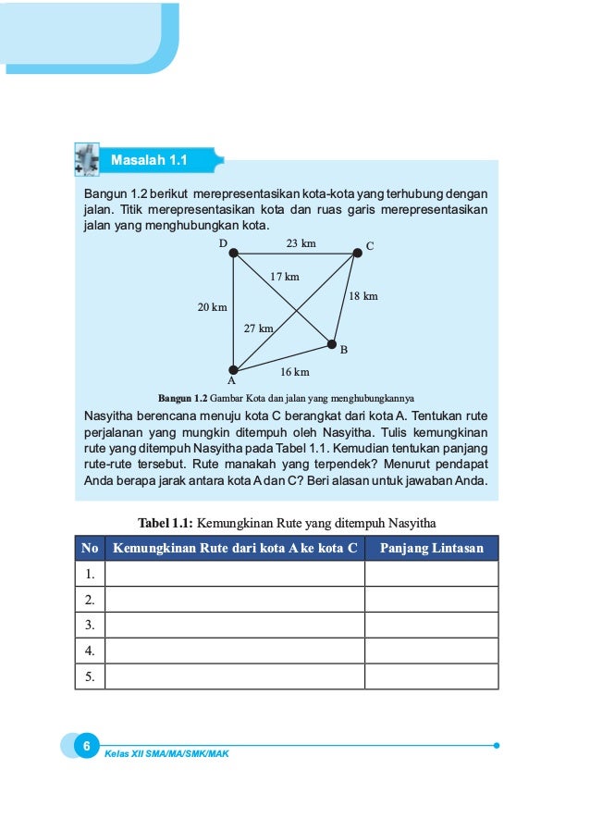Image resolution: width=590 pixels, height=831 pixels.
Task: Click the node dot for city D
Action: (x=234, y=253)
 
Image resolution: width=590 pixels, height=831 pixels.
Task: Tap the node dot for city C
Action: (x=357, y=252)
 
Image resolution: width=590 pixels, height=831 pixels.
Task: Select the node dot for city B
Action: (x=332, y=345)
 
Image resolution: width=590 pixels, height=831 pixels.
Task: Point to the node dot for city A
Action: (x=234, y=370)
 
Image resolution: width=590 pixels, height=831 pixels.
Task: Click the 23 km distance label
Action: (x=301, y=243)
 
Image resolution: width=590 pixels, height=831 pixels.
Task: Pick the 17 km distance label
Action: (x=285, y=277)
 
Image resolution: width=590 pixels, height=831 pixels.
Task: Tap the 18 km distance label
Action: (x=363, y=296)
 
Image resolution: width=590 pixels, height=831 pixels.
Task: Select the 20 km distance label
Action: (x=213, y=307)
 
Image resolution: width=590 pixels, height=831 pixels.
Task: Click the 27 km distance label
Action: (x=258, y=329)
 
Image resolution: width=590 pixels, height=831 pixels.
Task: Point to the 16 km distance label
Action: (x=294, y=372)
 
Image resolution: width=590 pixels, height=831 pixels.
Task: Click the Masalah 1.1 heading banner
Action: (x=149, y=160)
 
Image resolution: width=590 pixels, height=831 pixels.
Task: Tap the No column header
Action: (x=90, y=548)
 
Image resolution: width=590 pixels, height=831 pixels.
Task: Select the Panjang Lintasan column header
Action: (x=431, y=548)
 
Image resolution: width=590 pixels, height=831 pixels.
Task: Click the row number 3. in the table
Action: (x=90, y=626)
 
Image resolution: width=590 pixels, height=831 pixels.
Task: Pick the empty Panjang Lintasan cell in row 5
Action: (x=431, y=676)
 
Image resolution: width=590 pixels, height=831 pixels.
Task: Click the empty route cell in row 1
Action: (x=235, y=574)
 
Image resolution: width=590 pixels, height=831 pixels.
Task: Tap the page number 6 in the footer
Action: (x=85, y=746)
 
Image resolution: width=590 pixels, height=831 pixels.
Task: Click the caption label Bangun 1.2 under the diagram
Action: (x=183, y=399)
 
